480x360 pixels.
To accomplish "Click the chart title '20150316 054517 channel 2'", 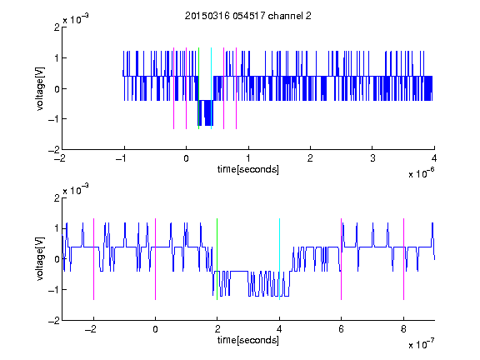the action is pos(248,16).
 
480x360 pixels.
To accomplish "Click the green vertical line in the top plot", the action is pos(198,88).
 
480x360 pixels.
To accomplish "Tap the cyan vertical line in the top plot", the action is pos(211,88).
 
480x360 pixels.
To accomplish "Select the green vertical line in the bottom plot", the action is pos(217,259).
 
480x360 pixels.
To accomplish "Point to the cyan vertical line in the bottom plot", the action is pos(279,259).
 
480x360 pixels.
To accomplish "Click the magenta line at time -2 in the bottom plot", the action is pos(93,259).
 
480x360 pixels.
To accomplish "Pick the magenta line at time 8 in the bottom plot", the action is pos(404,259).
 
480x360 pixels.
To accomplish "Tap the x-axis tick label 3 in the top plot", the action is pos(372,158).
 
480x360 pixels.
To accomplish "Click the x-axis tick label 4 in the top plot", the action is pos(434,158).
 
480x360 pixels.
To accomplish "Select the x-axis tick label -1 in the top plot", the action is pos(122,158).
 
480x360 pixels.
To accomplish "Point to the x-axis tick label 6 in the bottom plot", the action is pos(342,329).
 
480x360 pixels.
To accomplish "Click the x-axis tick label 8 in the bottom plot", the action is pos(403,329).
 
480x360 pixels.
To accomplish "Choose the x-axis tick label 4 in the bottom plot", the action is pos(279,329).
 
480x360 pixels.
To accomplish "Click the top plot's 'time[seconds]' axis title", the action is pos(248,169).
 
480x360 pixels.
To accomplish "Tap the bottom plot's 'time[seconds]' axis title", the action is pos(248,340).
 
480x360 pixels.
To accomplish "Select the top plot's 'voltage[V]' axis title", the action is pos(40,88).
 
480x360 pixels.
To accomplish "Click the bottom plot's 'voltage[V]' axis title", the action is pos(40,258).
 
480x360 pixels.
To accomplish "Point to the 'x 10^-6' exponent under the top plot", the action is pos(421,173).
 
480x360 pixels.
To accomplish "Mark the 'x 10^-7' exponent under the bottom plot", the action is pos(421,344).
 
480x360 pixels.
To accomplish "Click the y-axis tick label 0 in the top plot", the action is pos(57,89).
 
